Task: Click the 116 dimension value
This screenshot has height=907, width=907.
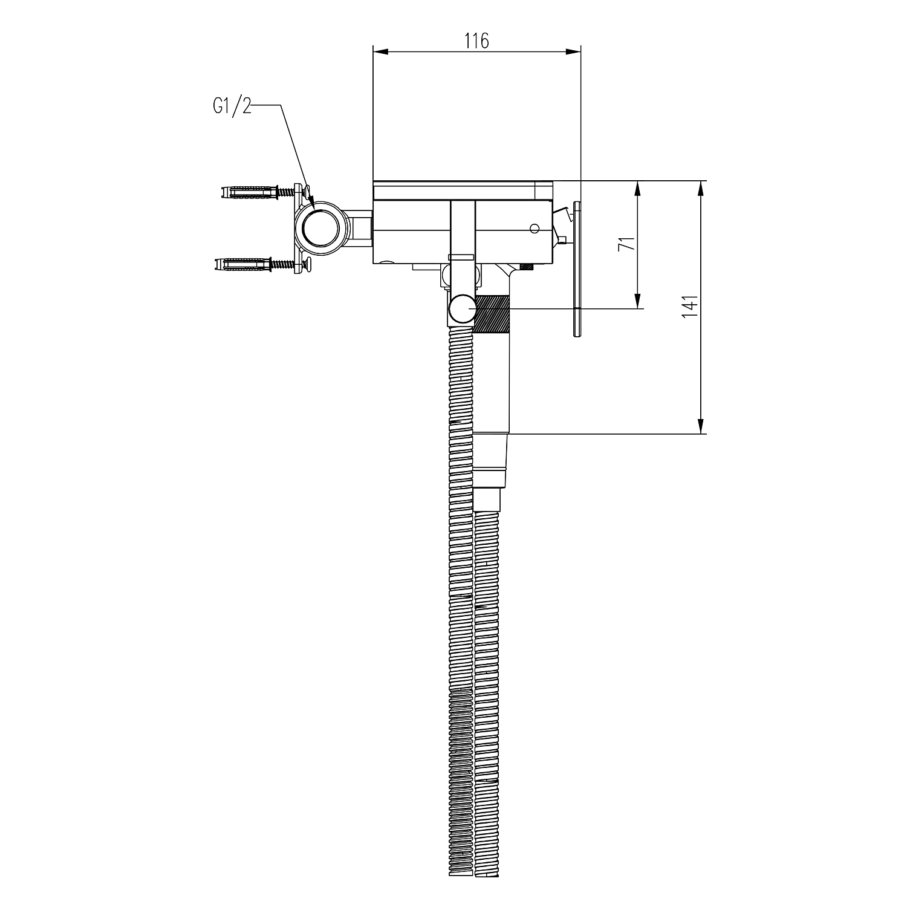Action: tap(476, 41)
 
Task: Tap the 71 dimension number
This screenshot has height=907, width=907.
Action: tap(628, 244)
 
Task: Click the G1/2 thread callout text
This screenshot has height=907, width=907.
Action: tap(232, 107)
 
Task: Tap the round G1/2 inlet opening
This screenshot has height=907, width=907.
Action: tap(321, 228)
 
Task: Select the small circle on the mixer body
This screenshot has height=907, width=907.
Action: tap(534, 228)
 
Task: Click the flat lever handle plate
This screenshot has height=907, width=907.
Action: tap(576, 269)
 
